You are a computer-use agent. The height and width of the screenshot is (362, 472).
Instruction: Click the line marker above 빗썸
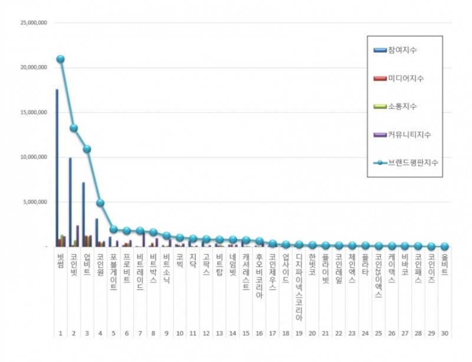tap(60, 59)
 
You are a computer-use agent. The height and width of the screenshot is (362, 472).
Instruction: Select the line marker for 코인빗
tap(74, 128)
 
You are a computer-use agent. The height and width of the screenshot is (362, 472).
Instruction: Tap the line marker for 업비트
tap(87, 149)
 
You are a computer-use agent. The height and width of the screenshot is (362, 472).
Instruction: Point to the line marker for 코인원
tap(100, 203)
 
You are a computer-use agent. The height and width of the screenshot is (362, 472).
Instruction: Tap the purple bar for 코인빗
tap(77, 235)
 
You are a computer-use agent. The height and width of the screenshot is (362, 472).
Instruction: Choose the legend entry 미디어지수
tap(406, 78)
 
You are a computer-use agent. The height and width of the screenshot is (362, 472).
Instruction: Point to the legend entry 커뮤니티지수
tap(409, 134)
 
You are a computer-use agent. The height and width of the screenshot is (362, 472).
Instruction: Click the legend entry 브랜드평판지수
tap(413, 162)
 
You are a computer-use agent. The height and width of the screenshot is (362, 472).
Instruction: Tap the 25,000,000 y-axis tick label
tap(34, 23)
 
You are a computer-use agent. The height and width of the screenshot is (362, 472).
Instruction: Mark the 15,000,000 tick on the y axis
tap(34, 112)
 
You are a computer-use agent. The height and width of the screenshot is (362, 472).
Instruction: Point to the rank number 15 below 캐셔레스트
tap(245, 333)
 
